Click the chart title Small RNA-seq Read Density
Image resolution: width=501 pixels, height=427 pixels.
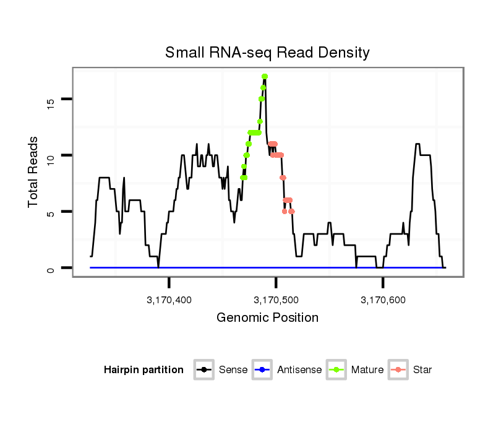267,53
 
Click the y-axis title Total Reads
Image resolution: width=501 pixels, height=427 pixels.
35,172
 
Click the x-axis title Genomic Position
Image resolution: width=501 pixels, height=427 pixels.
267,318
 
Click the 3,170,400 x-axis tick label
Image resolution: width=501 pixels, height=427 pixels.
169,300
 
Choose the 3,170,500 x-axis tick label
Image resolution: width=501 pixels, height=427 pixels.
276,300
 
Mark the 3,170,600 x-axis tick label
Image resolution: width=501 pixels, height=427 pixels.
383,300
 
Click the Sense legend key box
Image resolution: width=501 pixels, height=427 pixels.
204,370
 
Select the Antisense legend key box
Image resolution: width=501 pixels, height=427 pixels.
262,370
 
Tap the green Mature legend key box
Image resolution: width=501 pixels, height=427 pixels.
336,370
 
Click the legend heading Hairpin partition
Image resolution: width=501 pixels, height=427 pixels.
143,370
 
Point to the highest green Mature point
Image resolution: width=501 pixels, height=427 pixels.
265,77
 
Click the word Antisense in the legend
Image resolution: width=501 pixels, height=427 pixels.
299,370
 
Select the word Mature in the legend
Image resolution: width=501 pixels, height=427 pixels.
367,370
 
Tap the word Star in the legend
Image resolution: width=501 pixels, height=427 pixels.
422,370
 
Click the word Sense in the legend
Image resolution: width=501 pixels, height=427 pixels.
233,370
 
